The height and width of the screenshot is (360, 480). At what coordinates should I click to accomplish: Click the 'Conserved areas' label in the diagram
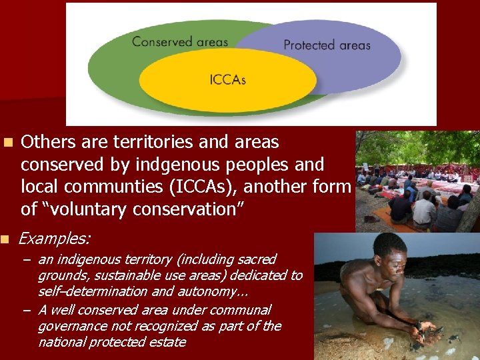click(x=180, y=41)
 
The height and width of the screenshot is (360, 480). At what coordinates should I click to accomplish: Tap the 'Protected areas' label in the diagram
click(x=327, y=45)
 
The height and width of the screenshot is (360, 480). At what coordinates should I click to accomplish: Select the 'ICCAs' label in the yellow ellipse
click(x=227, y=80)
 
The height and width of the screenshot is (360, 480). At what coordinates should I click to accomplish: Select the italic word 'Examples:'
click(x=55, y=238)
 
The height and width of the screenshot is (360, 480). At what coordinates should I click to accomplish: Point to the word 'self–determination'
click(x=93, y=291)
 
